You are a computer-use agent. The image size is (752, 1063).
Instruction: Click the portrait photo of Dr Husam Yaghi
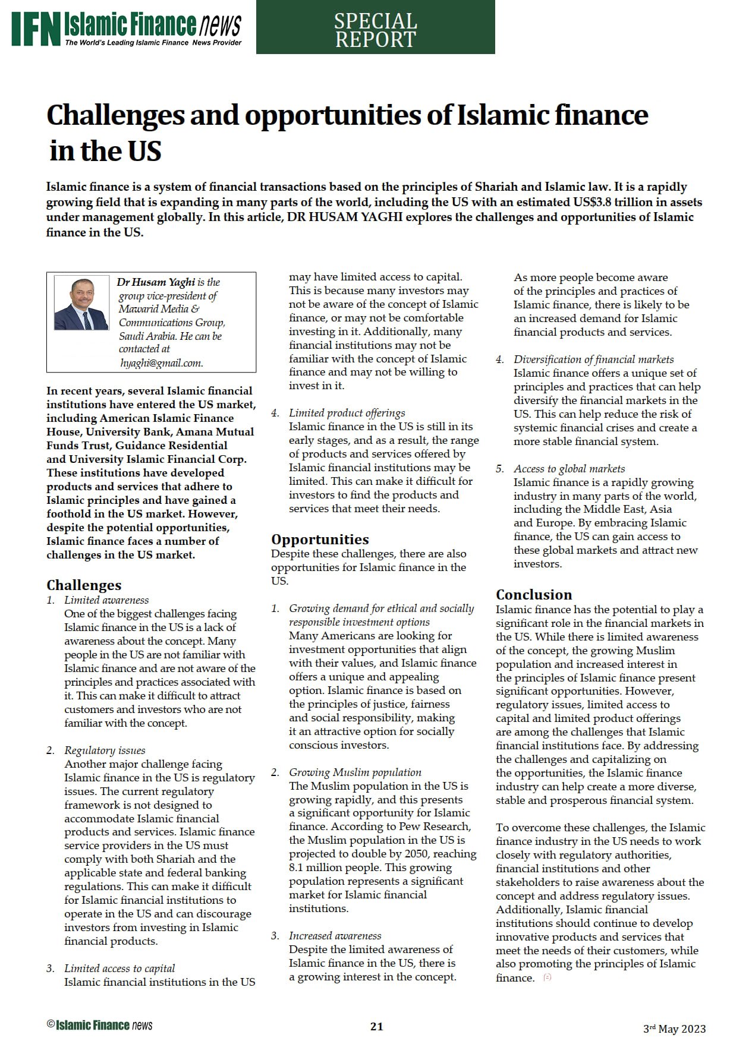coord(81,302)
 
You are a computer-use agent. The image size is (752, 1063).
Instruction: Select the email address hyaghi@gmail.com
coord(161,363)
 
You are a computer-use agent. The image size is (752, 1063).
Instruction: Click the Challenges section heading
coord(84,585)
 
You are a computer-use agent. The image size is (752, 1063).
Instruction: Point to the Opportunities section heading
coord(320,539)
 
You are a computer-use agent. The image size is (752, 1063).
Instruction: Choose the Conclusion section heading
coord(534,594)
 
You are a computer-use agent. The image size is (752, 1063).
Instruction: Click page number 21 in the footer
coord(376,1026)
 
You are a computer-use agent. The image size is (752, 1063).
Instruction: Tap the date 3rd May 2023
coord(674,1029)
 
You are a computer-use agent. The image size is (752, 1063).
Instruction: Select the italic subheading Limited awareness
coord(106,600)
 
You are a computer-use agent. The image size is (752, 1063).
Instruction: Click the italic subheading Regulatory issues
coord(105,750)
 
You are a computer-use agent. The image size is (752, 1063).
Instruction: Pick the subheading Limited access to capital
coord(119,969)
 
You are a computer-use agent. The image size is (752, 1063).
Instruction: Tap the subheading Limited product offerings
coord(347,413)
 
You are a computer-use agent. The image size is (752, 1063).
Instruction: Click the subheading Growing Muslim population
coord(355,772)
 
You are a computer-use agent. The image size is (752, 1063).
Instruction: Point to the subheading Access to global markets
coord(569,469)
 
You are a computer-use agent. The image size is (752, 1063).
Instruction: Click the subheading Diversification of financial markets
coord(593,359)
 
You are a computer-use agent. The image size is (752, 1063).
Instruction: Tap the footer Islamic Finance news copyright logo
coord(99,1025)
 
